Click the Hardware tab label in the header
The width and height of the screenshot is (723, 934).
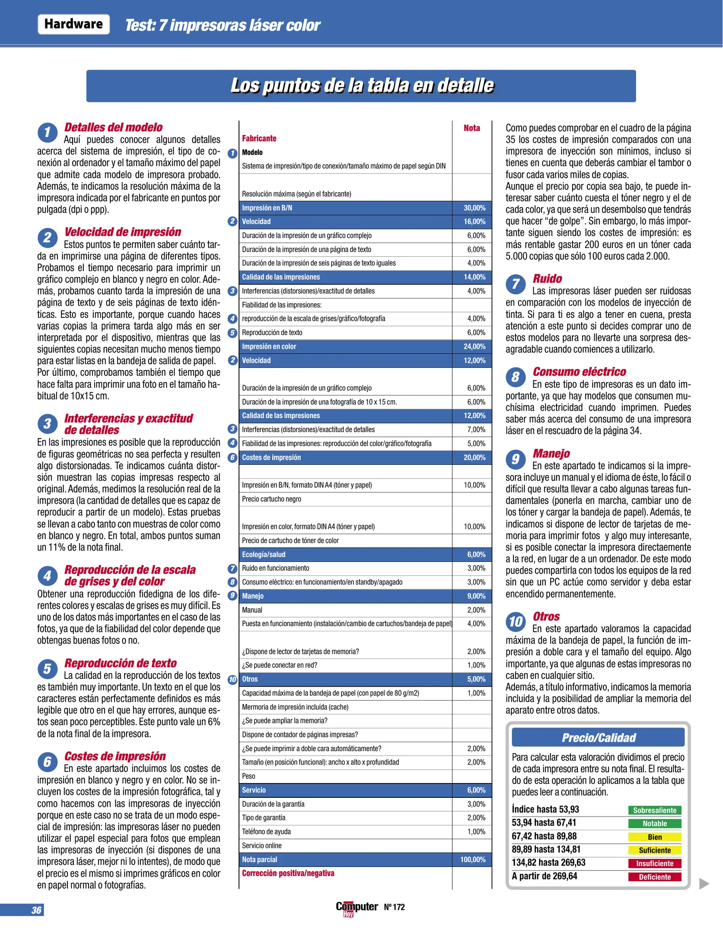73,24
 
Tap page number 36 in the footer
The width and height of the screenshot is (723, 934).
36,910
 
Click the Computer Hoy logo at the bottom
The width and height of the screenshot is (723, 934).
357,908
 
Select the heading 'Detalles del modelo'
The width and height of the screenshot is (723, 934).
113,127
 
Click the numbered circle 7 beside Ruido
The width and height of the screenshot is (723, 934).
516,284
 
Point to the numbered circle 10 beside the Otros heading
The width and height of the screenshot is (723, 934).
516,622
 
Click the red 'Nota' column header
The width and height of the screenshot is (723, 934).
471,128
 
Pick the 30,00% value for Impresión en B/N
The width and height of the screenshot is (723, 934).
474,208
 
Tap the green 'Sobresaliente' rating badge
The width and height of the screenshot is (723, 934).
654,810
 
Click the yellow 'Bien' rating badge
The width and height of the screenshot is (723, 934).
654,837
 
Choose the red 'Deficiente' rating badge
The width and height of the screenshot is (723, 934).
654,877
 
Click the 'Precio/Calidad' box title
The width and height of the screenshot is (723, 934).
598,738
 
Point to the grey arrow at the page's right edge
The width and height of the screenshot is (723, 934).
704,883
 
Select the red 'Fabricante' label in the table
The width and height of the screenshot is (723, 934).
259,138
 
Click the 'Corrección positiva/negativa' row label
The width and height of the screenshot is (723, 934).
288,873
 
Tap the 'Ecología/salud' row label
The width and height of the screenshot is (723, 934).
264,554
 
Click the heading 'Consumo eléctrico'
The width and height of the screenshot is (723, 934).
579,371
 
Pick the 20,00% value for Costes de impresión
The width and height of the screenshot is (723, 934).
474,457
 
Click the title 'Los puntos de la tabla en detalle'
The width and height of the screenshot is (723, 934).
362,86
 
